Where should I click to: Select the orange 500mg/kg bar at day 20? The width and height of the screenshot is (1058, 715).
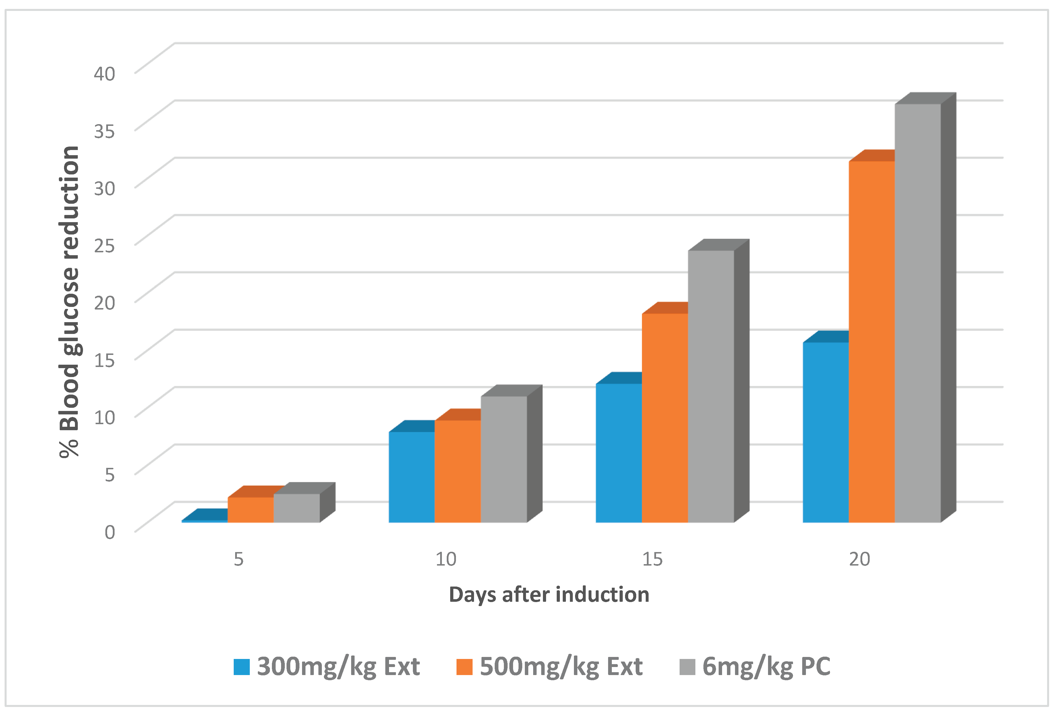pos(871,342)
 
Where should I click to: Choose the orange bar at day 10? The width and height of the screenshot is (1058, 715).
pos(458,471)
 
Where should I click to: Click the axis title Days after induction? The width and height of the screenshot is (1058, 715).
pos(549,595)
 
